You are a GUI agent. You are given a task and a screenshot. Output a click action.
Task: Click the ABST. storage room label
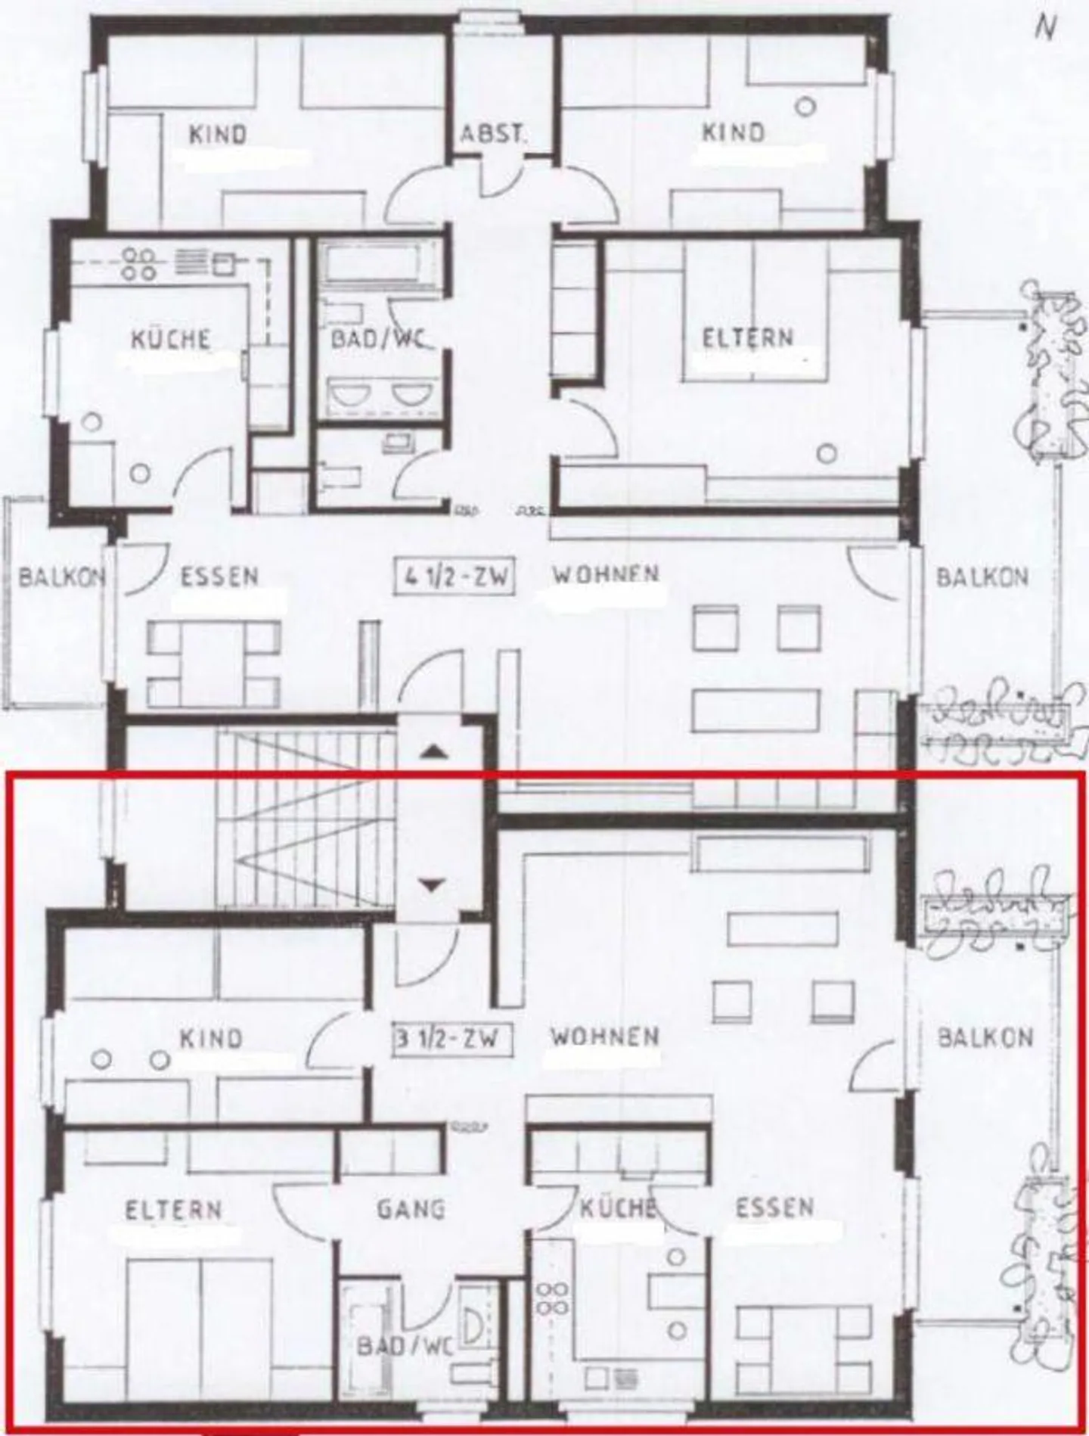point(492,134)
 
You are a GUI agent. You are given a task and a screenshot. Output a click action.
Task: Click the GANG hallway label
point(411,1208)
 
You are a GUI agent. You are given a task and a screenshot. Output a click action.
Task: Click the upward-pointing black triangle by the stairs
point(433,751)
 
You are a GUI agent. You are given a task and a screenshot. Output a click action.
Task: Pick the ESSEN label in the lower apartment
point(775,1208)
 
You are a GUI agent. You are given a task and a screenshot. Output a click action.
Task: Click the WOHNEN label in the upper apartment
point(605,574)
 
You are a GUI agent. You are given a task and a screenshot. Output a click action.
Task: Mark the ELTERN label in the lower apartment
point(174,1210)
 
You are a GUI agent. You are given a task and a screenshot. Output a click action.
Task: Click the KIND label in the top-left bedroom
point(218,135)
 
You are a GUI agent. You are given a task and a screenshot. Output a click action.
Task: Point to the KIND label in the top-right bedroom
point(733,132)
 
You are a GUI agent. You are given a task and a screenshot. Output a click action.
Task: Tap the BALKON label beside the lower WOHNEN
point(985,1037)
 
